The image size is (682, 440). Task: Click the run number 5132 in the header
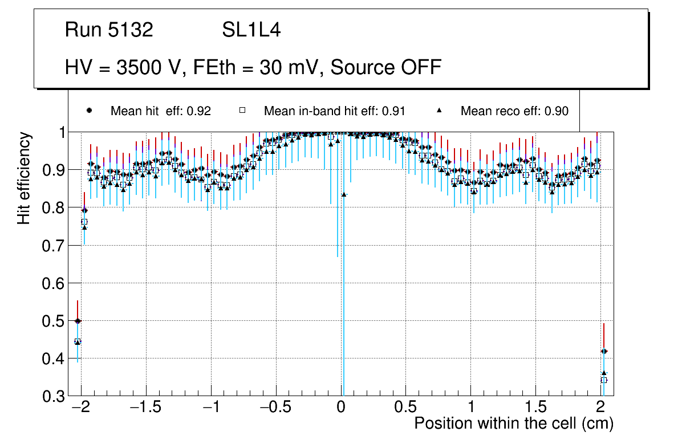tap(131, 30)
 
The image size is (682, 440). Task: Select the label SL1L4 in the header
tap(251, 30)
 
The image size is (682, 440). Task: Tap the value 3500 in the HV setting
tap(139, 67)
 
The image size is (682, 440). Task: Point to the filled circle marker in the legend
tap(89, 111)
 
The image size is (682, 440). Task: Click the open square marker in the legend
tap(242, 111)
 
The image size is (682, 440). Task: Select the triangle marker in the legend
tap(440, 111)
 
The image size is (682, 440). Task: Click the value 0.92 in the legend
tap(199, 111)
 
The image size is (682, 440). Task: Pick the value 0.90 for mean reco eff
tap(557, 111)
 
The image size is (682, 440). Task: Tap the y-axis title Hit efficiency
tap(24, 178)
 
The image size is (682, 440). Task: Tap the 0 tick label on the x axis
tap(341, 408)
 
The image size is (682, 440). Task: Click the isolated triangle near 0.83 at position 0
tap(344, 194)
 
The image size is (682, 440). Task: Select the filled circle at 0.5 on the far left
tap(78, 321)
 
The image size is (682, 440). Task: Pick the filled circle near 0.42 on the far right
tap(604, 351)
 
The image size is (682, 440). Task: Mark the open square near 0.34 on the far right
tap(604, 380)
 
